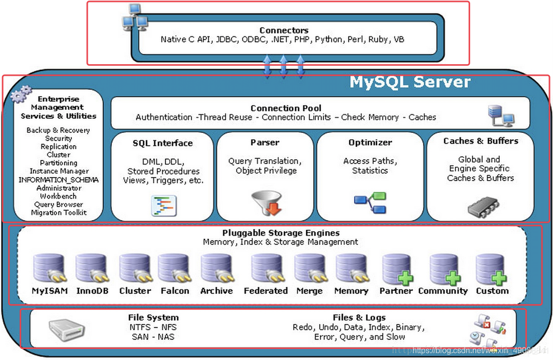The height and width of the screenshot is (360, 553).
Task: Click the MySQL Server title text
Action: coord(410,82)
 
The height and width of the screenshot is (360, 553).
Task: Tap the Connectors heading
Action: coord(284,30)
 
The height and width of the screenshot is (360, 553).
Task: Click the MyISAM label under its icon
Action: coord(50,291)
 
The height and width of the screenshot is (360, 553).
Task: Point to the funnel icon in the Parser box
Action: coord(266,203)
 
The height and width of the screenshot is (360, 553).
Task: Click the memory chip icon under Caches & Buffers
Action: coord(483,207)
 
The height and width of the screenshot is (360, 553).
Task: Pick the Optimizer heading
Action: coord(370,143)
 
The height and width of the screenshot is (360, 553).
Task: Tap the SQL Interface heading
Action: coord(163,143)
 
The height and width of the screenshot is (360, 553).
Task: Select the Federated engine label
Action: coord(265,291)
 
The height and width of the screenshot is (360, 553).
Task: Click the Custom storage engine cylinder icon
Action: coord(491,270)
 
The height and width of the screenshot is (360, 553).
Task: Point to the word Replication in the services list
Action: coord(59,147)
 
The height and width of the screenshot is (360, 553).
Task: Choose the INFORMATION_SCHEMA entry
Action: coord(59,180)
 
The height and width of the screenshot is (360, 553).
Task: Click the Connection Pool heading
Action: coord(286,108)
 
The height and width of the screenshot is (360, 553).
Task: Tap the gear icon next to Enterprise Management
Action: coord(21,94)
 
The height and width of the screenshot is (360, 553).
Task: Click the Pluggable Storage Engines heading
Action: coord(281,233)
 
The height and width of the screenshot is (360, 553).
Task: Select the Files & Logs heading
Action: coord(359,317)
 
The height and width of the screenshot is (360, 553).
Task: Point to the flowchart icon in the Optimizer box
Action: coord(370,202)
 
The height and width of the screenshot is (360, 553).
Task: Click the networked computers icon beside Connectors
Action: coord(134,17)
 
